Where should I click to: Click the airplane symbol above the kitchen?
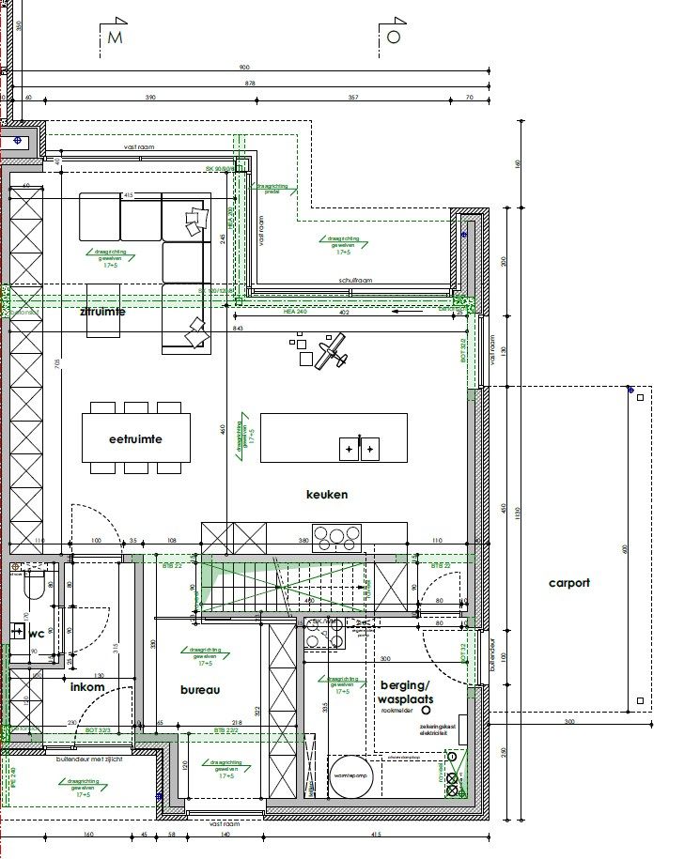click(x=330, y=355)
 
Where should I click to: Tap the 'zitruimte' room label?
click(x=102, y=311)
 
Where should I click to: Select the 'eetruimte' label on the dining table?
click(x=135, y=438)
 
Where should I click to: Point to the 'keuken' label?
click(x=327, y=494)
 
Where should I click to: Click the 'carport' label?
click(x=569, y=583)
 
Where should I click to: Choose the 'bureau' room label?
click(x=199, y=690)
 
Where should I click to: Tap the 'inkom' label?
click(x=87, y=687)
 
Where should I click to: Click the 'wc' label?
click(x=37, y=634)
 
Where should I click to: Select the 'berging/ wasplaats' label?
click(x=405, y=693)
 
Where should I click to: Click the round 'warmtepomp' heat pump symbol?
click(x=350, y=775)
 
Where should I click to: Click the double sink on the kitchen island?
click(x=360, y=449)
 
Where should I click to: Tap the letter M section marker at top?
click(x=116, y=38)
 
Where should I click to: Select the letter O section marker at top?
click(x=394, y=37)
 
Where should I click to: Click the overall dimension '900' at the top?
click(x=244, y=68)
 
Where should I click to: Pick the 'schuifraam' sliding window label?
click(x=357, y=282)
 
